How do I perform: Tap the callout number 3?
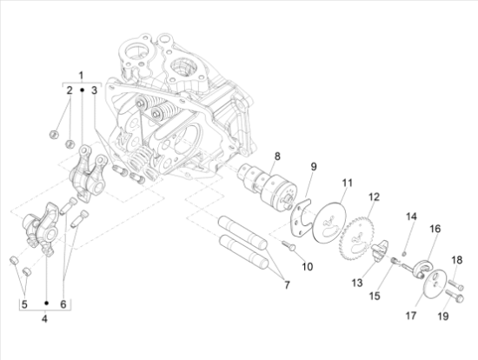coord(96,90)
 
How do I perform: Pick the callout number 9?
coord(314,166)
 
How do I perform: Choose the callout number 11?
coord(347,183)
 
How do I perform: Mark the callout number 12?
coord(375,197)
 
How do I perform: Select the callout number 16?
coord(435,229)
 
